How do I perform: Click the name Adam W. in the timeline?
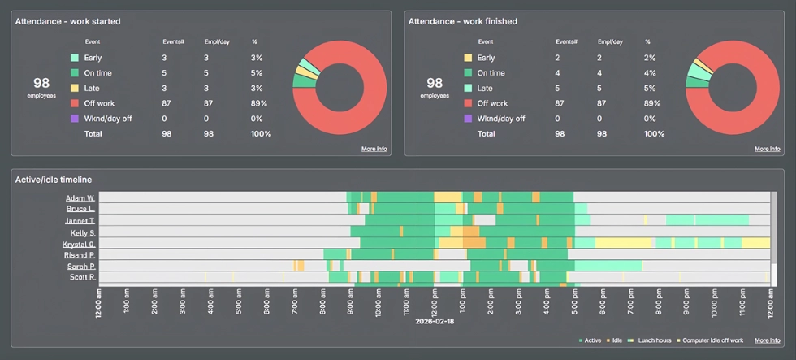coord(80,198)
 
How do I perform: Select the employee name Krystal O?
coord(79,244)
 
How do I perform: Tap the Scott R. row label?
coord(80,278)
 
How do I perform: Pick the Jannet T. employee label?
coord(80,221)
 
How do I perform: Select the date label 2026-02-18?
coord(434,321)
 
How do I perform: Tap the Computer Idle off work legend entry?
coord(712,340)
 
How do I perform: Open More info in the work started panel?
coord(374,149)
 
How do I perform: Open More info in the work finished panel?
coord(767,149)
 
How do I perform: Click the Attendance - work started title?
coord(67,21)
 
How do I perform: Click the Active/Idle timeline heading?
coord(54,179)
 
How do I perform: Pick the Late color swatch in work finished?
coord(468,88)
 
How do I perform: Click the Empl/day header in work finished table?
coord(610,41)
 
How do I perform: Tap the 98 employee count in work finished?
coord(435,83)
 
